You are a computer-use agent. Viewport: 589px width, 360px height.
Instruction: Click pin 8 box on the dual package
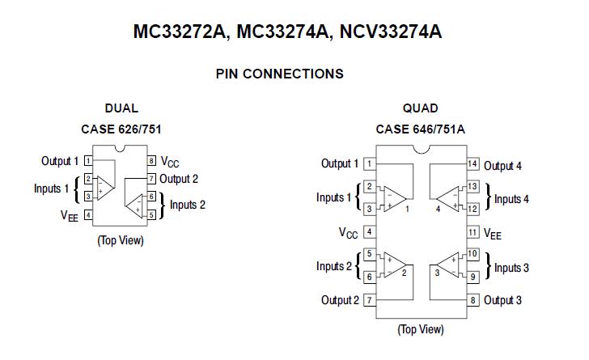point(151,161)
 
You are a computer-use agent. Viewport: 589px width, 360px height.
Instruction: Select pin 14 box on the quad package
point(473,164)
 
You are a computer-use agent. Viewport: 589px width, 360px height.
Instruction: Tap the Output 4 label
point(502,166)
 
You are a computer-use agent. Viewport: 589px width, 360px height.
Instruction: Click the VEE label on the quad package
point(493,234)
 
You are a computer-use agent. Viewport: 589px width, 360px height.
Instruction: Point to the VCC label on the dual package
point(170,162)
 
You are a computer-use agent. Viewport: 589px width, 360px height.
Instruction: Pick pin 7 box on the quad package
point(369,300)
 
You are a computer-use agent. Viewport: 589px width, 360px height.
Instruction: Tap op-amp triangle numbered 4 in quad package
point(447,198)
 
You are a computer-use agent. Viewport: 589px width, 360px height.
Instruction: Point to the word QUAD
point(420,108)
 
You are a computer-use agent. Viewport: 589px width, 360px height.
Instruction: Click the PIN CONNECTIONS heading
point(279,74)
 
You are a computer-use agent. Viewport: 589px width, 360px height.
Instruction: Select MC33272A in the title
point(180,32)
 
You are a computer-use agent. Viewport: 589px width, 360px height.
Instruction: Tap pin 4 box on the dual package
point(87,214)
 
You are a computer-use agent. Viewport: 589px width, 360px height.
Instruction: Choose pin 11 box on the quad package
point(473,233)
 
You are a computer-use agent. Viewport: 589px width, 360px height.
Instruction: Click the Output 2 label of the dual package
point(179,179)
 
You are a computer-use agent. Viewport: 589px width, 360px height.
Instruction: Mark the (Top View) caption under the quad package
point(420,329)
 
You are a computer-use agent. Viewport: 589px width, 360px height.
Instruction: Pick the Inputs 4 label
point(512,199)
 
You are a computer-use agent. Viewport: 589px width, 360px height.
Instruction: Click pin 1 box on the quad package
point(369,164)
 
